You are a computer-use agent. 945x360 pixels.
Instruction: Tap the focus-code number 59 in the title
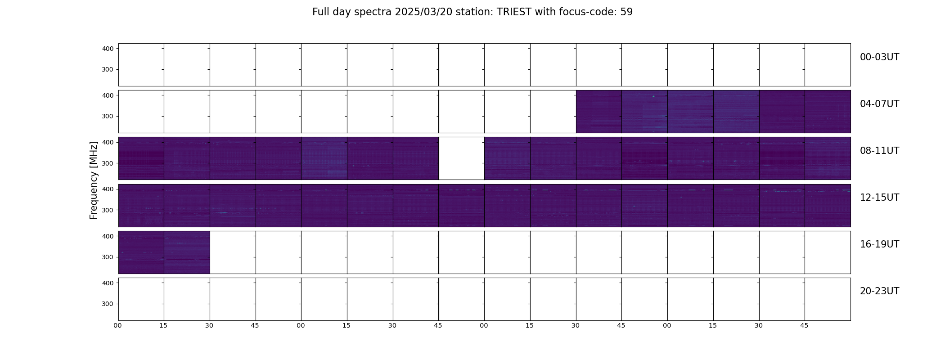click(626, 12)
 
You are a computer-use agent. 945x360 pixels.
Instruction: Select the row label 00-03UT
click(879, 57)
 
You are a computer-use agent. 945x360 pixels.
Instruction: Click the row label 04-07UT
click(879, 104)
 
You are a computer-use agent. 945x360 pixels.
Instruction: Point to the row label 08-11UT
click(879, 151)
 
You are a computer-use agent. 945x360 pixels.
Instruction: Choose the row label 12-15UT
click(879, 198)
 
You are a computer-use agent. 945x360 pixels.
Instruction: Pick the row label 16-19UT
click(879, 244)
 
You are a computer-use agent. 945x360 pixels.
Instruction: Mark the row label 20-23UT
click(879, 291)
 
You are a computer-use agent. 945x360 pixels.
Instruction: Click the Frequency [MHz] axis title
click(94, 180)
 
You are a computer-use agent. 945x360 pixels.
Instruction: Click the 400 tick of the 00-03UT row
click(108, 49)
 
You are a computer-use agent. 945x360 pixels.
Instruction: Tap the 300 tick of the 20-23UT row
click(108, 304)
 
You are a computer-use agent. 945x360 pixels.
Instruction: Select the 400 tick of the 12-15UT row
click(108, 189)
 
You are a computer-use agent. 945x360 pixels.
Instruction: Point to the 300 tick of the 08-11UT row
click(108, 163)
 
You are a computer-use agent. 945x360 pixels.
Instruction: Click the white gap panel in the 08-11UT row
click(461, 158)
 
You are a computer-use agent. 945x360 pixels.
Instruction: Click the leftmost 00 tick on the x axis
click(118, 325)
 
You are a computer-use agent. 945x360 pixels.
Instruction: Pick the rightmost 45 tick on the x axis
click(804, 325)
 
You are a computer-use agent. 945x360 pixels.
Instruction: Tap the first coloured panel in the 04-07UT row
click(599, 112)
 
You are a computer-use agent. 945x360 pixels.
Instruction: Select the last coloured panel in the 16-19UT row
click(187, 252)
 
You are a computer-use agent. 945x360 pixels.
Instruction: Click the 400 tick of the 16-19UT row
click(108, 236)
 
